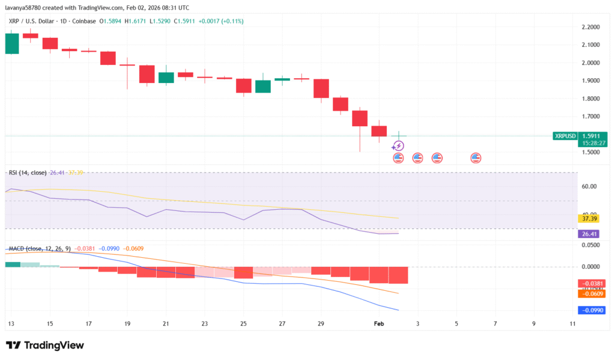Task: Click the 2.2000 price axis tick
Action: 592,28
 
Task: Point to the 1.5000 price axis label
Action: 592,153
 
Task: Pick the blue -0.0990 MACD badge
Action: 590,311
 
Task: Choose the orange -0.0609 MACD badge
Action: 590,293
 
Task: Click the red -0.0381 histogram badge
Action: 590,284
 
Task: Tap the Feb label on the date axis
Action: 378,324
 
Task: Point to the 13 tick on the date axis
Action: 11,324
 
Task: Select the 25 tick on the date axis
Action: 243,324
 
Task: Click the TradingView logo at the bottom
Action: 45,346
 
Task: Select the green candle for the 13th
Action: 11,43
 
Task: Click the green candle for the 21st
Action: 166,78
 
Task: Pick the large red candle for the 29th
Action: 321,88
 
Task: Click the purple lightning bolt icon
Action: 398,146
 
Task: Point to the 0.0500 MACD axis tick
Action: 592,245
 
